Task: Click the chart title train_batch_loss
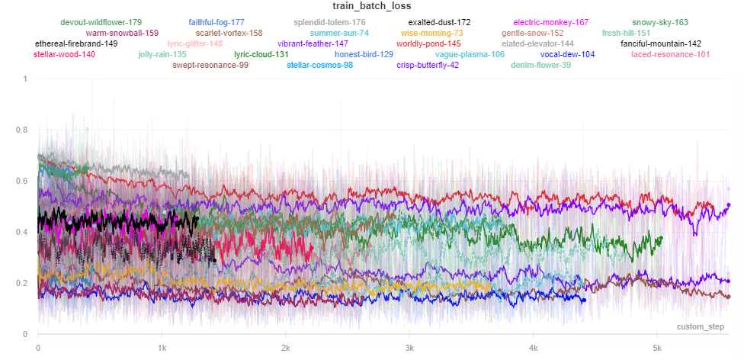pyautogui.click(x=372, y=7)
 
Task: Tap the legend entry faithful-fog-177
pyautogui.click(x=216, y=23)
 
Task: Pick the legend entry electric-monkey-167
pyautogui.click(x=550, y=23)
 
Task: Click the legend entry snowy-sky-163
pyautogui.click(x=660, y=23)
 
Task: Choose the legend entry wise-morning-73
pyautogui.click(x=431, y=34)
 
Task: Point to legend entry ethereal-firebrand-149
pyautogui.click(x=76, y=44)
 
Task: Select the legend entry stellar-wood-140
pyautogui.click(x=64, y=55)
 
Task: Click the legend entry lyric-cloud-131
pyautogui.click(x=261, y=55)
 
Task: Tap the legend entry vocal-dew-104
pyautogui.click(x=567, y=55)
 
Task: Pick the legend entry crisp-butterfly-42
pyautogui.click(x=428, y=66)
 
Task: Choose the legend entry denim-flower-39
pyautogui.click(x=540, y=66)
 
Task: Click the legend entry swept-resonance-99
pyautogui.click(x=210, y=66)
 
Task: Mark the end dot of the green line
pyautogui.click(x=660, y=238)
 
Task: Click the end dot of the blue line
pyautogui.click(x=584, y=300)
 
